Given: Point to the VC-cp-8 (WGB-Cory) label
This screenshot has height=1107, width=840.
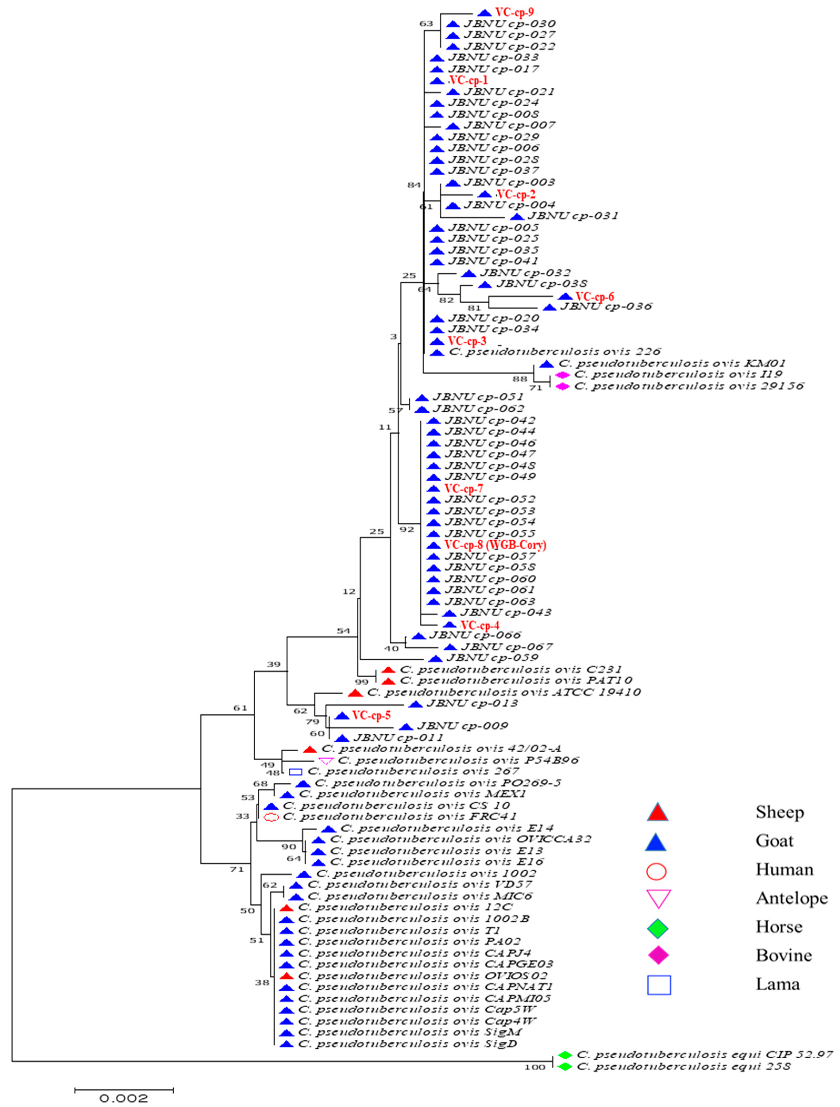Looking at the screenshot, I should [495, 545].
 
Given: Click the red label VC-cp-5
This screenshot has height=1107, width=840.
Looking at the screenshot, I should [371, 716].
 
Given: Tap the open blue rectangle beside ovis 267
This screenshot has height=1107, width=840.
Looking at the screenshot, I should [296, 772].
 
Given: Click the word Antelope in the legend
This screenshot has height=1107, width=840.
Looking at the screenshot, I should [792, 898].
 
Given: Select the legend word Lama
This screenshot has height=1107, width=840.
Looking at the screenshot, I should [777, 984].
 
